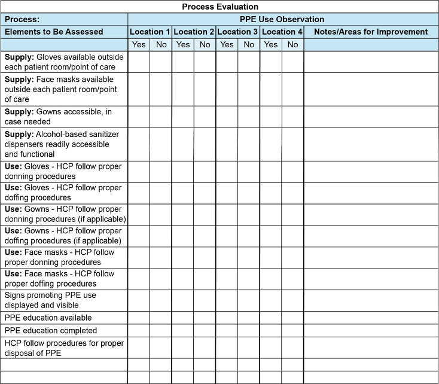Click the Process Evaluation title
pos(220,7)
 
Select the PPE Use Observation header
pos(282,19)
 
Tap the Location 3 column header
pos(237,32)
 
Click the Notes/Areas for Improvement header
pos(371,32)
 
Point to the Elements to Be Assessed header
pos(54,32)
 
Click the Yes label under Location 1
pos(139,44)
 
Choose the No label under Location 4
pos(292,44)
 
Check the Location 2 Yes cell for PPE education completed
pos(183,330)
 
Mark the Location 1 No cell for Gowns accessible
pos(161,117)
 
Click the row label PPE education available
pos(48,318)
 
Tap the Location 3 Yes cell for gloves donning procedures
pos(227,172)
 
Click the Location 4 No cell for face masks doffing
pos(292,279)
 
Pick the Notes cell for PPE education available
pos(371,318)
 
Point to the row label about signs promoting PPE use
pos(50,300)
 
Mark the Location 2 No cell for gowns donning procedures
pos(205,214)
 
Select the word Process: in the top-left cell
pos(22,19)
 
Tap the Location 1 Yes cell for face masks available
pos(139,89)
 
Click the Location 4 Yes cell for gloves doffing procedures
pos(271,193)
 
